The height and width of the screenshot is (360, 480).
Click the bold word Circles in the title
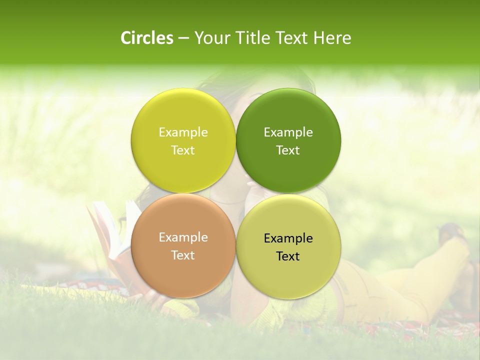point(147,38)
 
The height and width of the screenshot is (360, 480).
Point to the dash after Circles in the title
point(183,38)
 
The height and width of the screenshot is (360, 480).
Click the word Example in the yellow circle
point(183,132)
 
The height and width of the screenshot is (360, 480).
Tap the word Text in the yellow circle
point(183,150)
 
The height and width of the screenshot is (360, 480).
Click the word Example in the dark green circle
point(288,132)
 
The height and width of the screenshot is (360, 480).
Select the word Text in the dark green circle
point(288,150)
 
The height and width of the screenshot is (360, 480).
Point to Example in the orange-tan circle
point(183,237)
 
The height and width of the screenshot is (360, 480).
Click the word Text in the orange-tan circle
point(183,255)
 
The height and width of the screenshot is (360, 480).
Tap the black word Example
point(288,238)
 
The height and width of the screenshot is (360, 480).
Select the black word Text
point(288,256)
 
